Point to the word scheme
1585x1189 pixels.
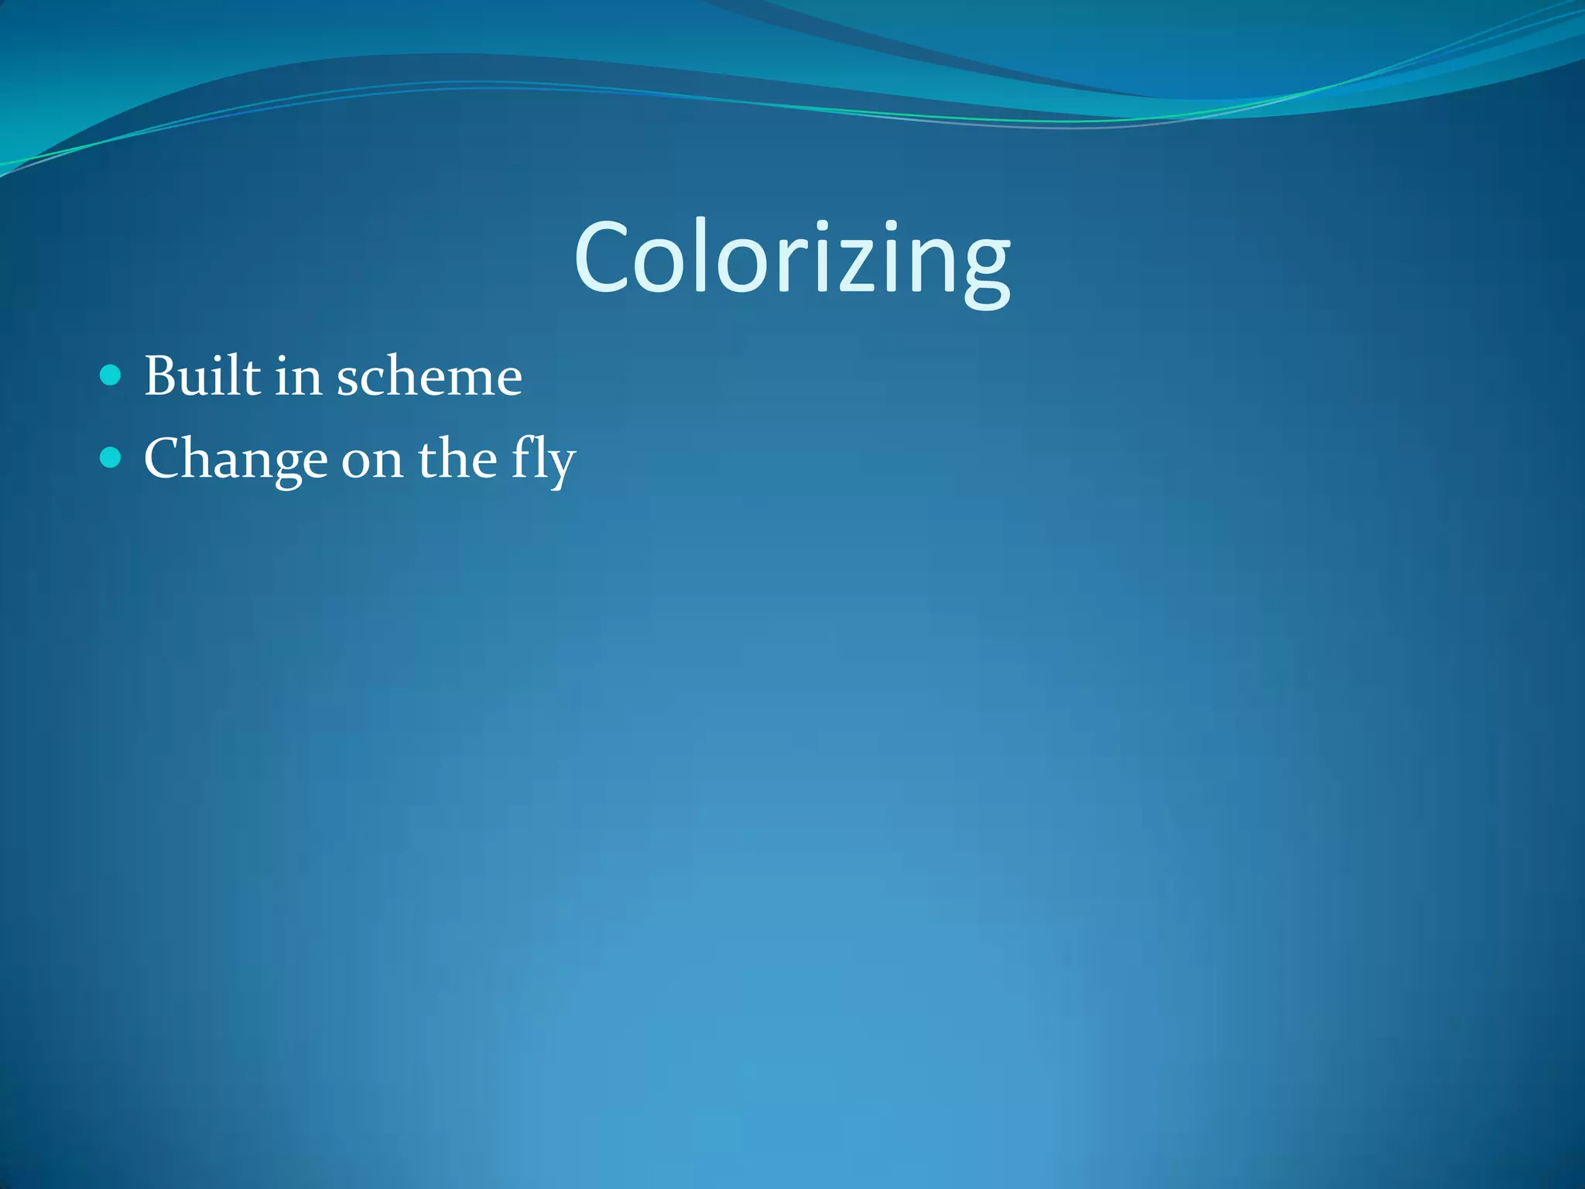430,378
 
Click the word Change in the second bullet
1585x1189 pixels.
235,460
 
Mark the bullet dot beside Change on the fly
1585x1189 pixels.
111,458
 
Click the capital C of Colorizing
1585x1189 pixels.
600,258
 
